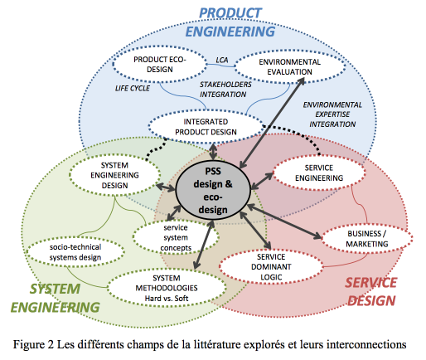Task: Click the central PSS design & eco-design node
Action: point(213,190)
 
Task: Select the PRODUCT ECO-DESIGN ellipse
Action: point(160,64)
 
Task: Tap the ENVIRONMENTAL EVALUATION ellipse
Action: point(290,66)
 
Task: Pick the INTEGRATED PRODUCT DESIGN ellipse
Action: point(206,127)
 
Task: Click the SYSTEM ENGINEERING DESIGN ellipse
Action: point(114,175)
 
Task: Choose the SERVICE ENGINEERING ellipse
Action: point(319,173)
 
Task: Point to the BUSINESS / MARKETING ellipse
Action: point(367,239)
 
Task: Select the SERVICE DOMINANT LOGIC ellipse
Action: point(271,267)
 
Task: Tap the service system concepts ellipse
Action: point(176,237)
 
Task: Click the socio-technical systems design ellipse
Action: point(75,252)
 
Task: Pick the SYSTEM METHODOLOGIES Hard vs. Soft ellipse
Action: point(167,288)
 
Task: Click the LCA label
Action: point(222,60)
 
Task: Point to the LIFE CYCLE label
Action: point(133,88)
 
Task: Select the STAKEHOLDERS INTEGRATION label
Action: point(225,90)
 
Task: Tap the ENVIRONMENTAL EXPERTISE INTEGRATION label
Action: point(332,114)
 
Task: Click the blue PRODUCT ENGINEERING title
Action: point(230,22)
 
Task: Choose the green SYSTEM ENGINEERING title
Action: point(55,298)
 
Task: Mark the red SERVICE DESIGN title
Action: point(371,292)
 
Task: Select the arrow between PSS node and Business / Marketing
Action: point(284,221)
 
